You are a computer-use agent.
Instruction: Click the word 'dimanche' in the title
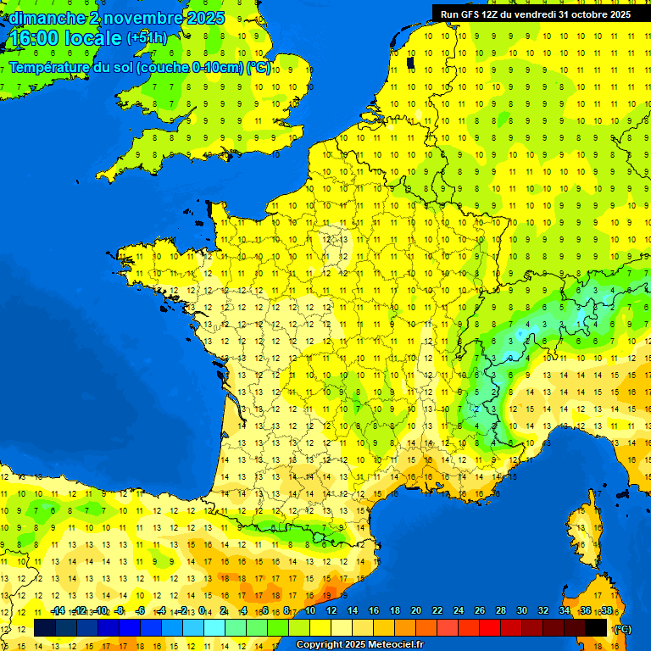pos(45,18)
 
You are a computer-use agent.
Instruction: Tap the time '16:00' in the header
pos(36,38)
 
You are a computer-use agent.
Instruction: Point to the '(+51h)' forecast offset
pos(147,38)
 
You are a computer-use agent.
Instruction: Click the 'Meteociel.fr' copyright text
pos(390,645)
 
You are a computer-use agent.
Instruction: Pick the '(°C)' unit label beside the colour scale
pos(622,628)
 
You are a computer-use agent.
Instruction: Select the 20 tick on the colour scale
pos(416,611)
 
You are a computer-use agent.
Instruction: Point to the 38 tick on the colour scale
pos(606,611)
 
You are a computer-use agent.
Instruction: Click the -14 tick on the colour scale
pos(58,611)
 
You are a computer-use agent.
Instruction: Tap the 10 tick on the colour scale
pos(310,611)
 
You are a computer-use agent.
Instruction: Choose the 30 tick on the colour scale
pos(522,611)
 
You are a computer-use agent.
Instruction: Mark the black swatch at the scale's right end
pos(596,627)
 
